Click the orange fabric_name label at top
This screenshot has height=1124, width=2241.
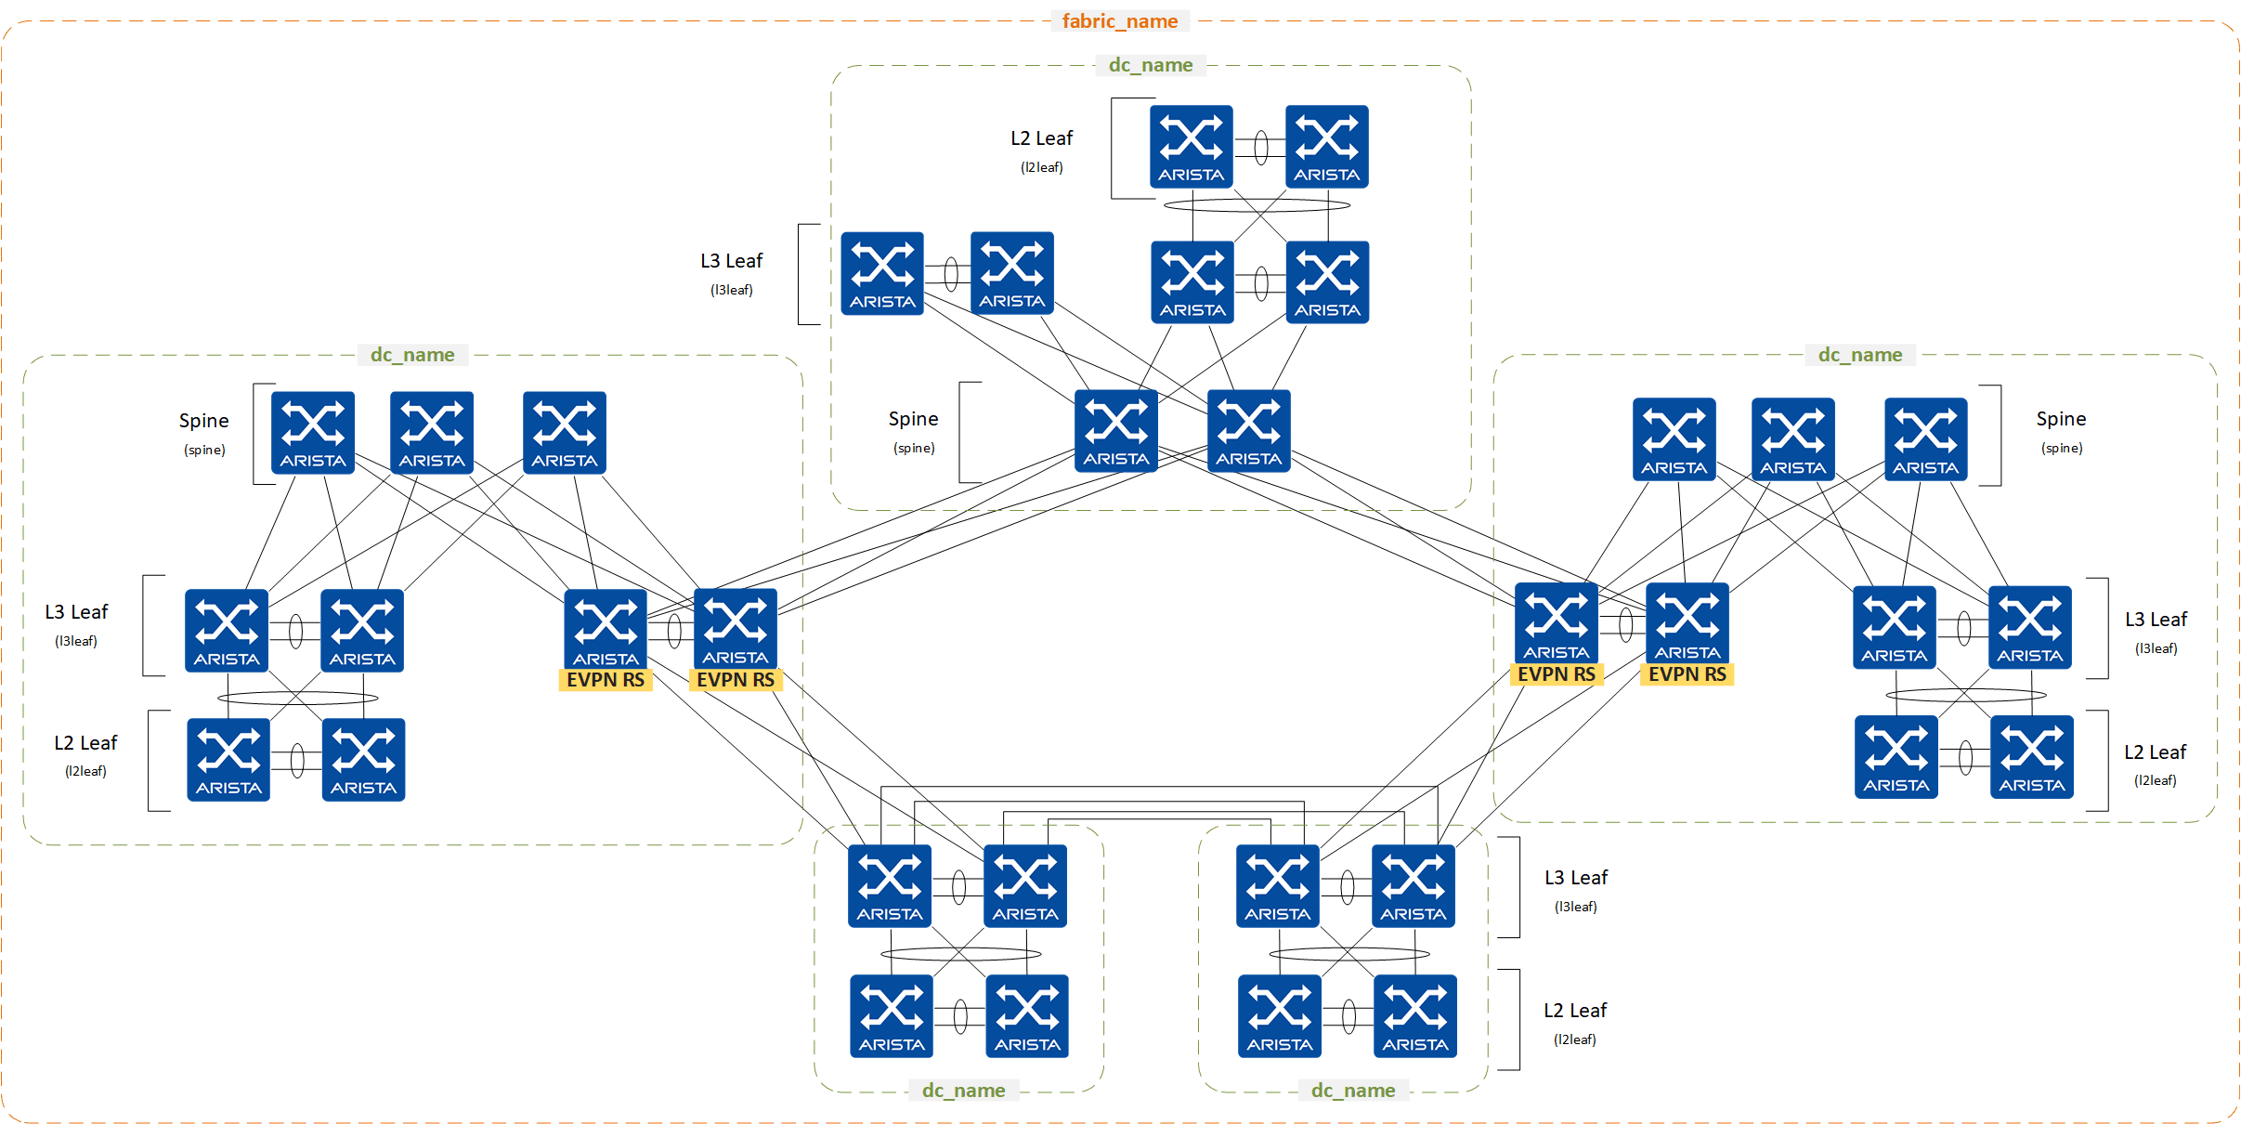(1119, 21)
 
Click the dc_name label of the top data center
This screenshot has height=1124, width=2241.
(1150, 65)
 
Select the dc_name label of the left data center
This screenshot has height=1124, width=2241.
(412, 355)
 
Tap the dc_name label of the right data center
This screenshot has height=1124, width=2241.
(1859, 355)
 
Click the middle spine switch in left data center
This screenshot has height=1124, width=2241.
(432, 433)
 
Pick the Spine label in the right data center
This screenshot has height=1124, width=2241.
(2061, 419)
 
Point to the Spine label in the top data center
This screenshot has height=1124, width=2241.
(913, 419)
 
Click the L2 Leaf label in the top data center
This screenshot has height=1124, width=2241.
(1041, 138)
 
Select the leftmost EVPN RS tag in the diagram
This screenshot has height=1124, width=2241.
(606, 680)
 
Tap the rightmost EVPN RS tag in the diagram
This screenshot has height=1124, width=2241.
(1687, 674)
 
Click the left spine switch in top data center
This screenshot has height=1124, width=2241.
(1115, 431)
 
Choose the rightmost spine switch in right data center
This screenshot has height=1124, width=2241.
(1925, 439)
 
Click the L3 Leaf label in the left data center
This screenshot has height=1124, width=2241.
(76, 612)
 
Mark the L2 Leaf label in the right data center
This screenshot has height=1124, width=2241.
(2155, 752)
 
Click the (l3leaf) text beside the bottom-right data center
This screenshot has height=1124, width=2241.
(1575, 907)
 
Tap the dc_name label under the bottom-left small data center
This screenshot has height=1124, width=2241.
(963, 1091)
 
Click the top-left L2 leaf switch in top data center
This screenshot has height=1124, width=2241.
(1191, 147)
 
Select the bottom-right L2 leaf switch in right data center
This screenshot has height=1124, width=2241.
(2031, 757)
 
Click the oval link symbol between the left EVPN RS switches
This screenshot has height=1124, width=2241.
(674, 631)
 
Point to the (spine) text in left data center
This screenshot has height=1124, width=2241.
(204, 451)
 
